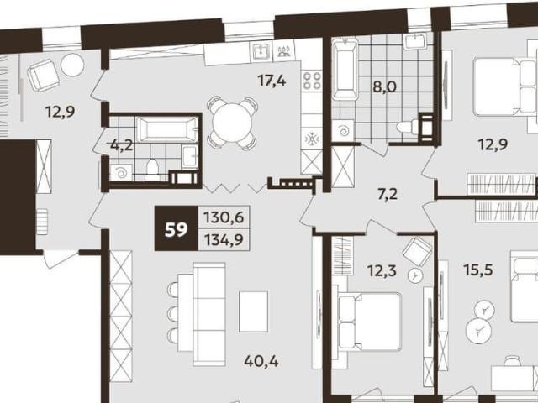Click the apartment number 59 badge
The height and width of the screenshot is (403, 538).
click(x=176, y=228)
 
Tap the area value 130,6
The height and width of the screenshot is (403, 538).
click(x=224, y=217)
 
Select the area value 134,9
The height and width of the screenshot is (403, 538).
click(x=224, y=239)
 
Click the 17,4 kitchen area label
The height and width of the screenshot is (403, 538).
click(x=272, y=81)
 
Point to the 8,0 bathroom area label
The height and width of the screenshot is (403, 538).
click(x=385, y=86)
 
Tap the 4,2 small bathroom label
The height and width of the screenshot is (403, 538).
click(x=122, y=145)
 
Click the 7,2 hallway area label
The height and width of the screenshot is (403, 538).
click(x=387, y=195)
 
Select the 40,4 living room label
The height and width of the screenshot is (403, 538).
click(x=261, y=361)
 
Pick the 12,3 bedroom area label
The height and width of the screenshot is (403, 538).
click(x=382, y=271)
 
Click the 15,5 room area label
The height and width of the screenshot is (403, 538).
click(x=478, y=270)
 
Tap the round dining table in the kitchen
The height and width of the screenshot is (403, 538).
click(x=233, y=123)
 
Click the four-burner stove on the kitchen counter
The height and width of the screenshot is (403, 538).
click(x=312, y=81)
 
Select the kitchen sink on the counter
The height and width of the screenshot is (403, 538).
click(x=261, y=51)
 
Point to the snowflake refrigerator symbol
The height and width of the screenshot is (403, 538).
click(x=312, y=139)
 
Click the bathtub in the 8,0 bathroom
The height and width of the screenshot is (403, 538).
click(x=345, y=70)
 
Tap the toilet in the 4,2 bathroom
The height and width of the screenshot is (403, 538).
click(x=151, y=169)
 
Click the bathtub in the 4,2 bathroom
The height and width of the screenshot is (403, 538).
click(x=167, y=129)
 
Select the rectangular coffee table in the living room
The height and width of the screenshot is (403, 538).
click(x=254, y=311)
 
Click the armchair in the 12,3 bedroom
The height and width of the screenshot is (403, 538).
click(x=417, y=251)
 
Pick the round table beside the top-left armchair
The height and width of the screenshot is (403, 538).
click(x=72, y=65)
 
